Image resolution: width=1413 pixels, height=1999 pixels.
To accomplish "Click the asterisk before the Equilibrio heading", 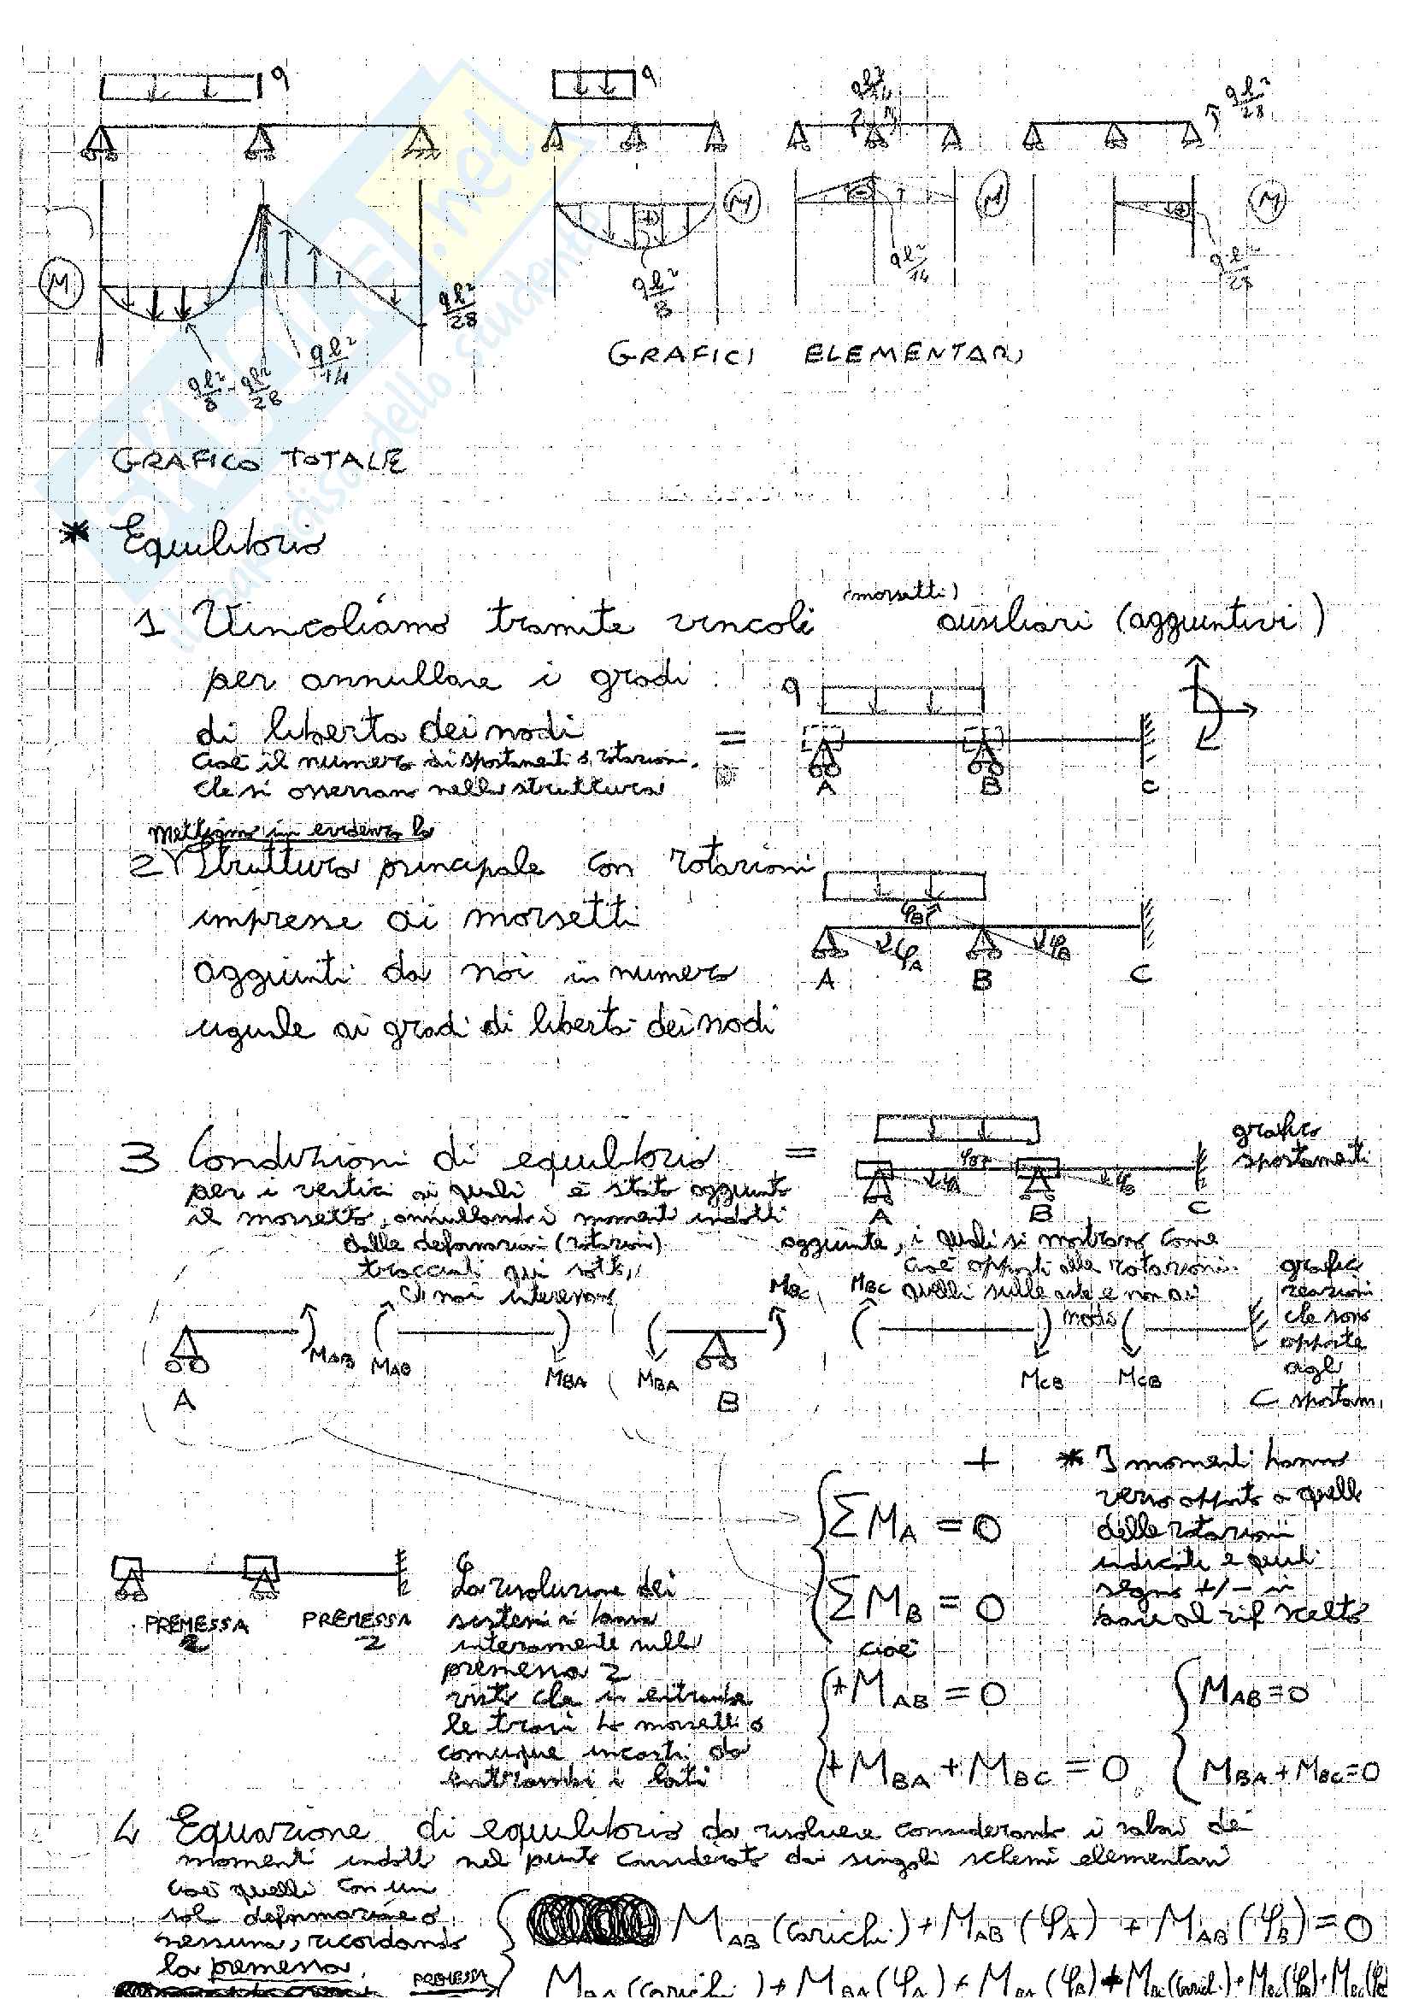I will point(79,533).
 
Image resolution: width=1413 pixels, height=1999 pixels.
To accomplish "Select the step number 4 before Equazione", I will point(129,1832).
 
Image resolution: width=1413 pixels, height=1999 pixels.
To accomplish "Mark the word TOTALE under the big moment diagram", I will point(343,462).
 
